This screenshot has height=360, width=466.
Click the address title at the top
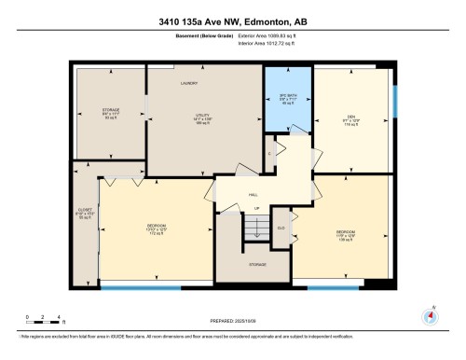(232, 12)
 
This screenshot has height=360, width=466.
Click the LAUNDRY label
(191, 82)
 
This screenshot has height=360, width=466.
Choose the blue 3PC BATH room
(287, 100)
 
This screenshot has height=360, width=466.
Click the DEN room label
(351, 118)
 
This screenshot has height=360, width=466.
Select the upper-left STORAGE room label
(110, 114)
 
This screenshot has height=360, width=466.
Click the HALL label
(253, 195)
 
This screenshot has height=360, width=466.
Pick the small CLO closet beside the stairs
(281, 227)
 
